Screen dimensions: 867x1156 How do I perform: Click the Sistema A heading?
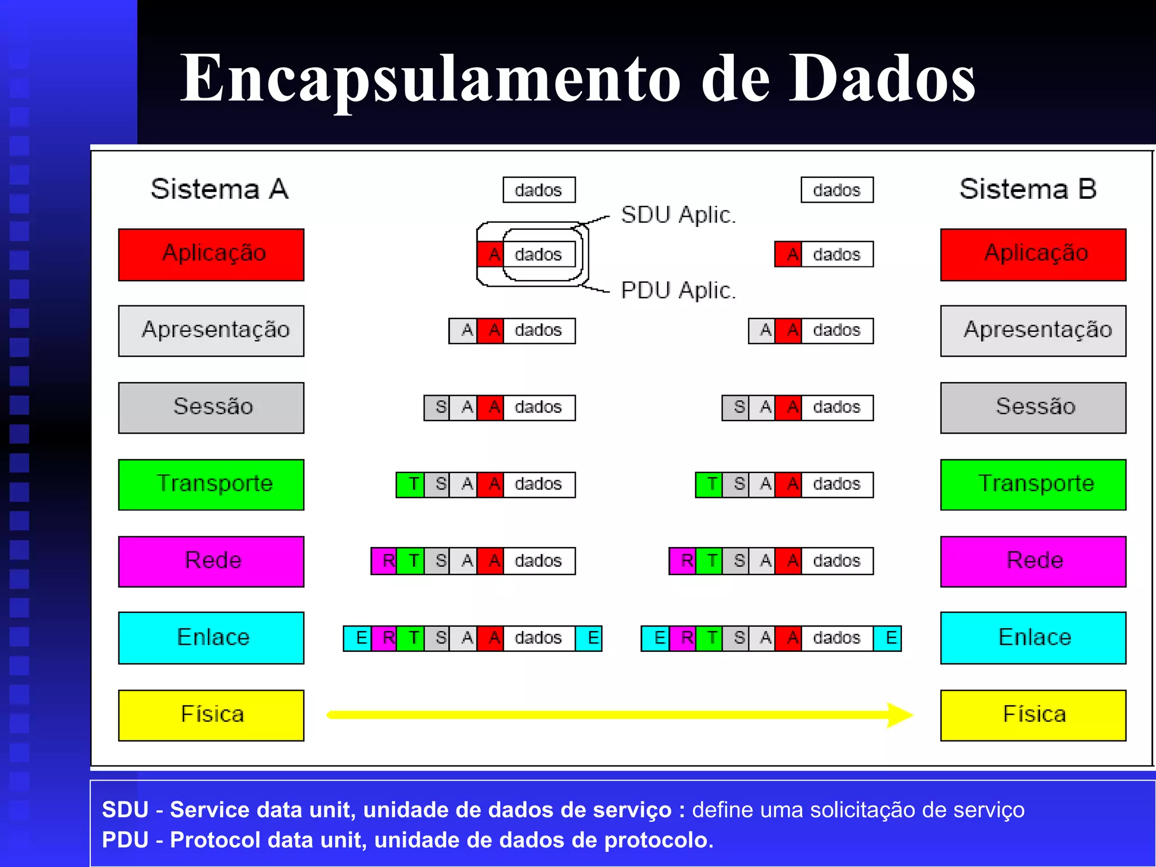coord(220,189)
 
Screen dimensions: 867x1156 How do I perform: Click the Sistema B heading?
coord(1028,189)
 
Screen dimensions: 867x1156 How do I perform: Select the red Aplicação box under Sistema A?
coord(211,255)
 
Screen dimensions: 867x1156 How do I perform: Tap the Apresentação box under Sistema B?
coord(1033,331)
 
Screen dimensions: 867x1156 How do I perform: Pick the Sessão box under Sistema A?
coord(211,408)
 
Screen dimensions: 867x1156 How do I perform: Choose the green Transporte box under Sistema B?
coord(1033,484)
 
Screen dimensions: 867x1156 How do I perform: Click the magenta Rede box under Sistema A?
coord(211,561)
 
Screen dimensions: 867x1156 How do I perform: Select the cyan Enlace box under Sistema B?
coord(1033,638)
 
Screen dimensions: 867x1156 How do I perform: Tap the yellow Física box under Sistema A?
coord(211,715)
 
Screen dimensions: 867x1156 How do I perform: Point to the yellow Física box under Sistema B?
coord(1033,715)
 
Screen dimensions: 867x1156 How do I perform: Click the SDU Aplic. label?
coord(678,215)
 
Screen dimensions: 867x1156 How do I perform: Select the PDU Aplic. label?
coord(678,291)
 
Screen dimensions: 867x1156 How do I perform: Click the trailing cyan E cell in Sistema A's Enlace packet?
coord(589,638)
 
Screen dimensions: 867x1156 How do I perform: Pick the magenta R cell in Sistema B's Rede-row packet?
coord(683,561)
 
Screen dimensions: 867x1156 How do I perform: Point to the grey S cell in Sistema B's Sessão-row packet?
coord(735,408)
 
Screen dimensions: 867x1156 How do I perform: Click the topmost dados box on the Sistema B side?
coord(837,190)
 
